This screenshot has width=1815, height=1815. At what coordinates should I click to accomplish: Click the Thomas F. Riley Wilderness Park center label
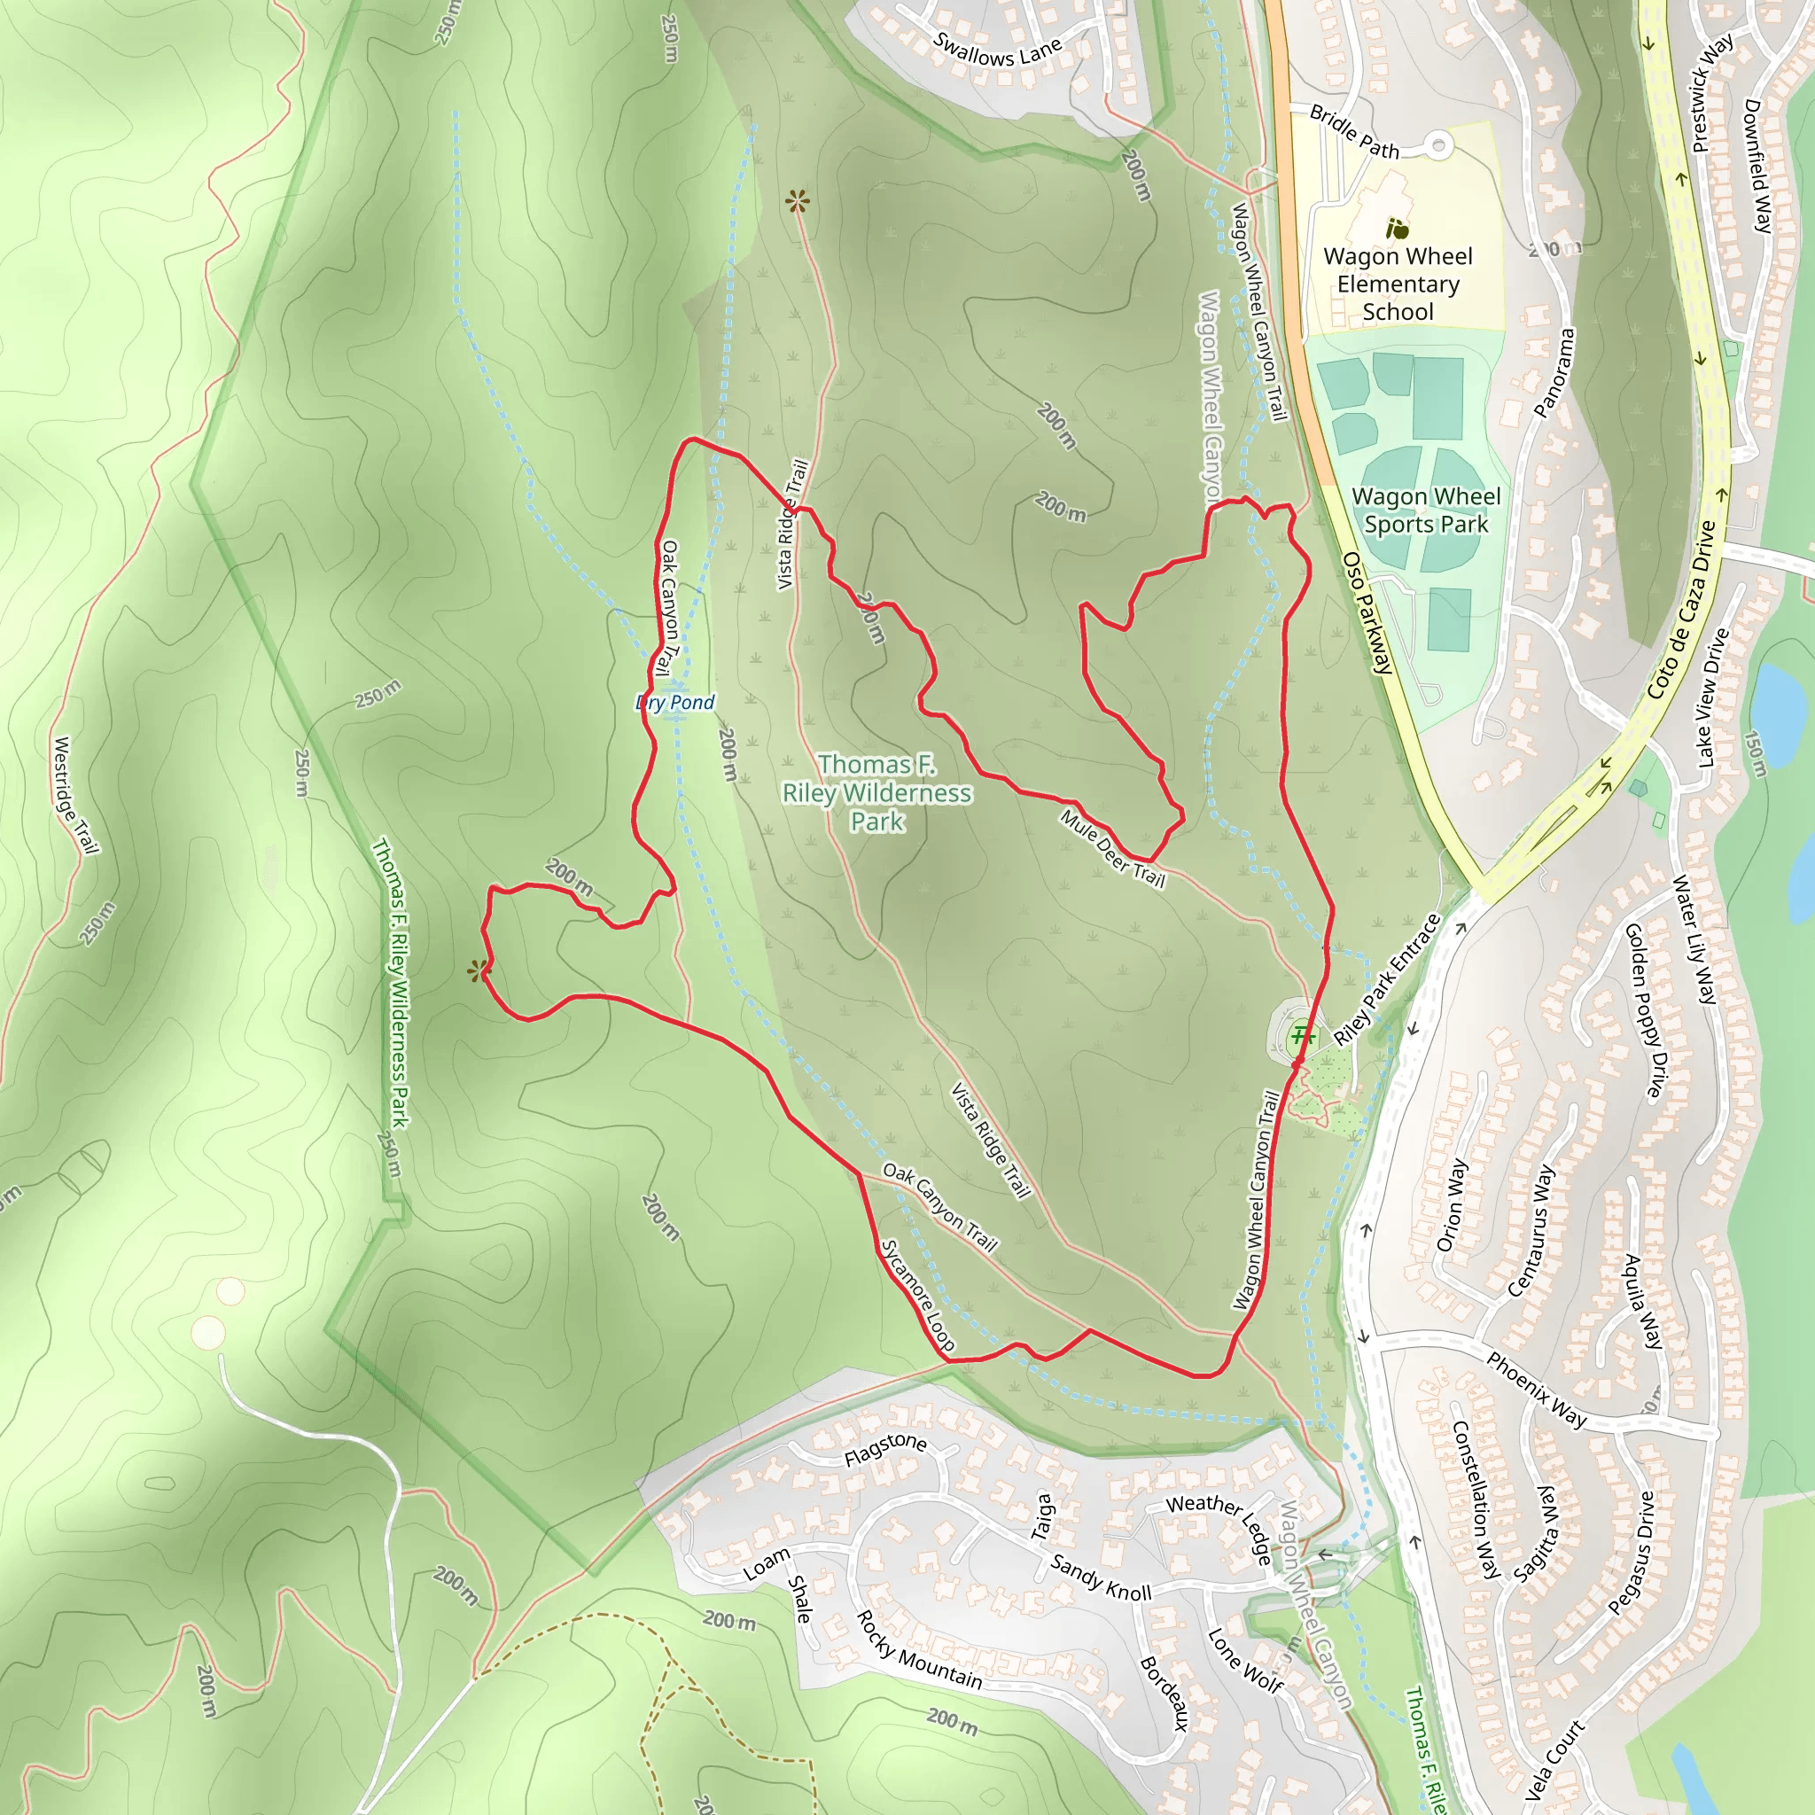point(876,793)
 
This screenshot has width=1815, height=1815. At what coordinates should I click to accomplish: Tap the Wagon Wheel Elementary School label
point(1398,284)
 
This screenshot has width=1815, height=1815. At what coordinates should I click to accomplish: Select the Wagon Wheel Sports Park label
point(1425,510)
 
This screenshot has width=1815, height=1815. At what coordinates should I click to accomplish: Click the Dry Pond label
point(675,703)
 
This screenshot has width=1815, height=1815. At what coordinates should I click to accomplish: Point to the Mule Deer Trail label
point(1112,848)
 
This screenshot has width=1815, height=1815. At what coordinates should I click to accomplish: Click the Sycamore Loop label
point(918,1296)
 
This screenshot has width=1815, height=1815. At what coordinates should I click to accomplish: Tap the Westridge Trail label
point(75,796)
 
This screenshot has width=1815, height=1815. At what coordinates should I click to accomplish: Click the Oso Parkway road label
point(1367,612)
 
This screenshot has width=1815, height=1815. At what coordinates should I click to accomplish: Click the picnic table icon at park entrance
point(1301,1036)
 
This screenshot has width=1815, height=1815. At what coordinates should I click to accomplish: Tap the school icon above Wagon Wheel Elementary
point(1397,228)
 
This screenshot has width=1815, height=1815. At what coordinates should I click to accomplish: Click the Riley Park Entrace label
point(1387,979)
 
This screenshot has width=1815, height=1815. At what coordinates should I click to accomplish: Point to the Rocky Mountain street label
point(919,1649)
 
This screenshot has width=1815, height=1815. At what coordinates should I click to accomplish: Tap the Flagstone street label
point(885,1450)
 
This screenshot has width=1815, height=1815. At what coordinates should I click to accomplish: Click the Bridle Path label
point(1354,131)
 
